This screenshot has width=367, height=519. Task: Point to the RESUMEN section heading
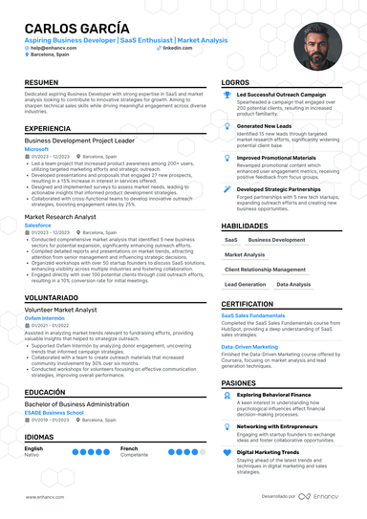point(40,83)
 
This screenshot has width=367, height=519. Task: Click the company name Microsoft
point(36,149)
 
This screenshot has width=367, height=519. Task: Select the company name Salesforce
point(38,226)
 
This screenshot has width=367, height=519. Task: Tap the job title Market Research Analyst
point(62,217)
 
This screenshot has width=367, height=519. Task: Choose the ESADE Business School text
point(54,414)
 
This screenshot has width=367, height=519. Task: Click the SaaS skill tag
point(231,240)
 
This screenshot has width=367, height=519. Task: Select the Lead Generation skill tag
point(246,284)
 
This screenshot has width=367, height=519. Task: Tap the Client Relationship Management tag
point(267,270)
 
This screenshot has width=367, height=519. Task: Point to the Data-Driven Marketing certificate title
point(249,347)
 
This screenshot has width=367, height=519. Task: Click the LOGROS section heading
point(235,83)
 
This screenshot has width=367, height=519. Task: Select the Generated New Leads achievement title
point(265,125)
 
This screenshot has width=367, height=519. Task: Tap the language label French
point(129,447)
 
